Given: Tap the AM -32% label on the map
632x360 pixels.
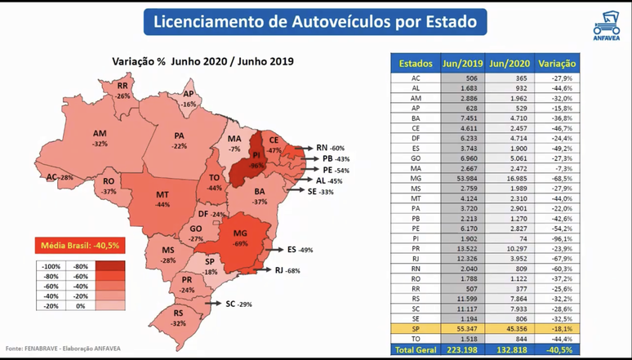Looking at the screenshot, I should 100,138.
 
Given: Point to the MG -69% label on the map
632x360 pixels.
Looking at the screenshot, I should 240,237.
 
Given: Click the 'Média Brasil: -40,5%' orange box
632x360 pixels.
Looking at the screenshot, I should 77,245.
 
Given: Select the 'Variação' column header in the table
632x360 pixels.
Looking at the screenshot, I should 557,63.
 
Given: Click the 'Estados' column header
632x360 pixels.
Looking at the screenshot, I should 416,63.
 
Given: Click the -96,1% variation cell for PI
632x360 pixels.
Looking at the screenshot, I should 558,237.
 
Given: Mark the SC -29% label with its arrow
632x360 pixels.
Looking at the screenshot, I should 232,304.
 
